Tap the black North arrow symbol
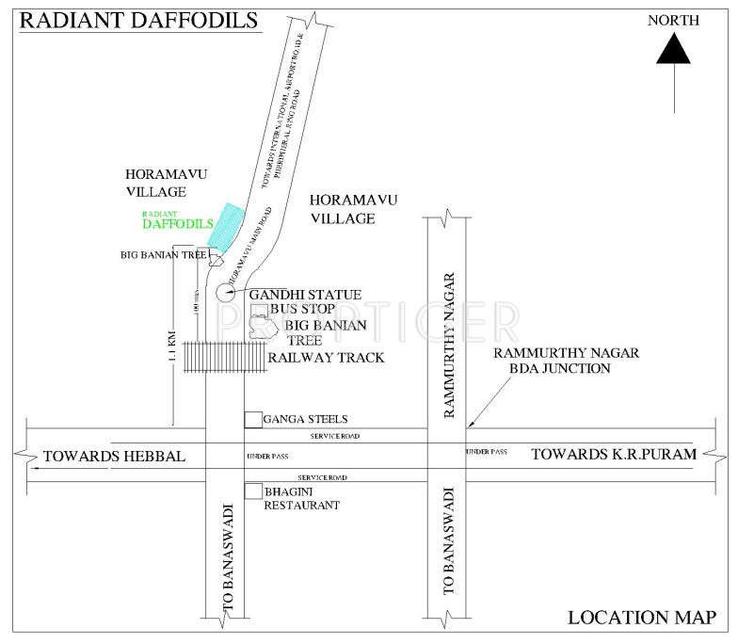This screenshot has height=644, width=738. click(674, 49)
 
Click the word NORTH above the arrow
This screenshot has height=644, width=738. click(674, 19)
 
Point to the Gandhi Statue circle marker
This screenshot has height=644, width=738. click(225, 292)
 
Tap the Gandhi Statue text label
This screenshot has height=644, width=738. click(292, 295)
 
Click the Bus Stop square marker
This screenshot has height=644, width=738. click(258, 310)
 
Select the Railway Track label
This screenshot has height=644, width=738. click(326, 358)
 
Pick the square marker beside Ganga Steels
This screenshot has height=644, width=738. click(252, 419)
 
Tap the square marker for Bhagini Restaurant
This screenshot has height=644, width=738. click(252, 491)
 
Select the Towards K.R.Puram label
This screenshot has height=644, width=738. click(613, 454)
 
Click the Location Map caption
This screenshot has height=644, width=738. click(643, 618)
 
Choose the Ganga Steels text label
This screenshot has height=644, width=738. click(306, 419)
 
